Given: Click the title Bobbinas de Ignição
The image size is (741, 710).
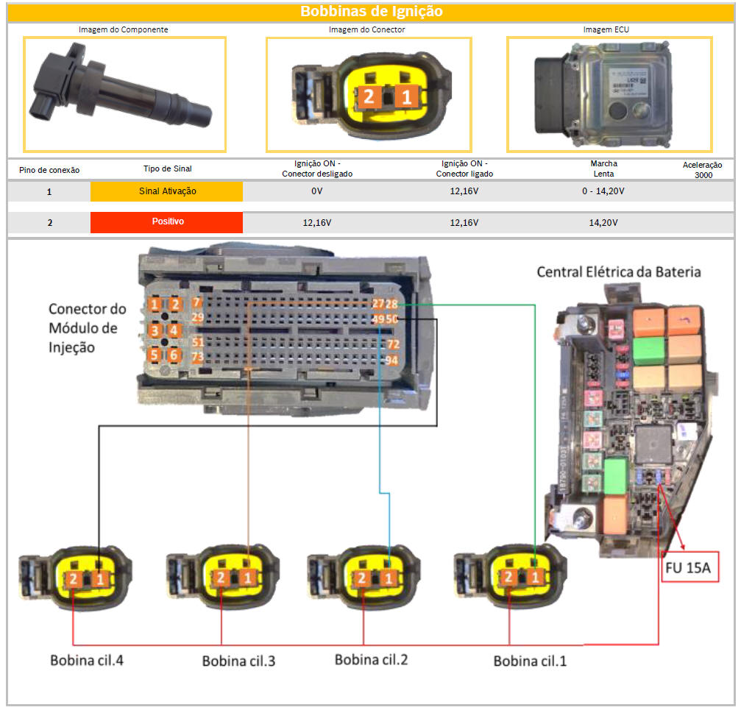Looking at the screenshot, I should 371,12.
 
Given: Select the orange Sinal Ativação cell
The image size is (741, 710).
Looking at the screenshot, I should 166,191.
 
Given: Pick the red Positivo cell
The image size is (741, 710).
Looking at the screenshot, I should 166,222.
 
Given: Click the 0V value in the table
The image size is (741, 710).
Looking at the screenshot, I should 316,191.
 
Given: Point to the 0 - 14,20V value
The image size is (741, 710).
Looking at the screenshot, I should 603,191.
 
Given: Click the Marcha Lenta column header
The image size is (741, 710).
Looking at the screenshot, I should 603,168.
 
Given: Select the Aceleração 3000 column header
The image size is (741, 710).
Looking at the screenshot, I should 702,170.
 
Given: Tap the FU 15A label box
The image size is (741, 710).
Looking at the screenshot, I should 689,567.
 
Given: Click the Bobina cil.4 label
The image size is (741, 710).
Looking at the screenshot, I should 87,659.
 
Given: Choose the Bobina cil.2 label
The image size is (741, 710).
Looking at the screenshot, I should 371,658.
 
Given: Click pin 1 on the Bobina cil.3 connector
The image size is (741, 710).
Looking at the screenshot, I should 247,578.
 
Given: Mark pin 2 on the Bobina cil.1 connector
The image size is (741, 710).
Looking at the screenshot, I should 508,578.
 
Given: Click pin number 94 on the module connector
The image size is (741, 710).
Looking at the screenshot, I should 392,361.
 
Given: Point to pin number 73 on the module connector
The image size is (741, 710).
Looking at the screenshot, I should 197,358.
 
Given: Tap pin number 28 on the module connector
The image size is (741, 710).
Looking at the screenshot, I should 392,304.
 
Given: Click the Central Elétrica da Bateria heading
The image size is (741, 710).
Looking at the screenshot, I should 618,271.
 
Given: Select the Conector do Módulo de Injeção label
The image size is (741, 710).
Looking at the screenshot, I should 87,327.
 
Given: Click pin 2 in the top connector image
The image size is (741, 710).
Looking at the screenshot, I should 369,97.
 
